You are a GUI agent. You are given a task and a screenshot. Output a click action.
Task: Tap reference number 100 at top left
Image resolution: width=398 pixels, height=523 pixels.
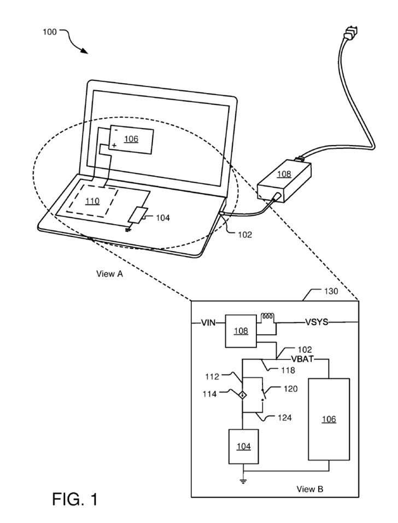49,32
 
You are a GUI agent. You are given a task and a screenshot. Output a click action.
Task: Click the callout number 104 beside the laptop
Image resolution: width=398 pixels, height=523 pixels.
163,218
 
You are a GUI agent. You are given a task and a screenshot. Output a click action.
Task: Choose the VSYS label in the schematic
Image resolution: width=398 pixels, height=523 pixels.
316,323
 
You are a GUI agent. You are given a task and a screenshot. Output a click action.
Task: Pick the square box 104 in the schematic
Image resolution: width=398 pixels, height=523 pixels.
243,446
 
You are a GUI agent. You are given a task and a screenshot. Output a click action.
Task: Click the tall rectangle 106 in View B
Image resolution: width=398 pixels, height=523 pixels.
328,419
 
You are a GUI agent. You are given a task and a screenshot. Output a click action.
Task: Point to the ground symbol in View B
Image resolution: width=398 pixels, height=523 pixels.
243,480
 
